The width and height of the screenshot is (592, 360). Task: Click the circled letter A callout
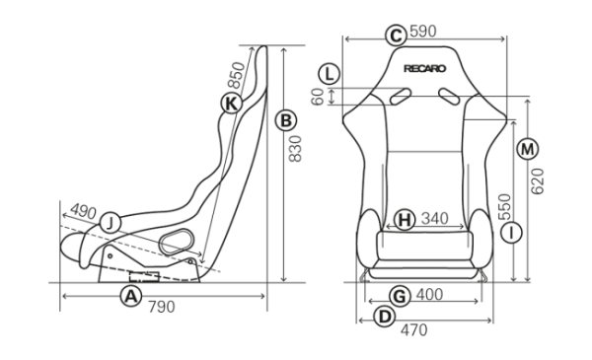point(131,296)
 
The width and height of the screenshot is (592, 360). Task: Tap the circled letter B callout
point(286,120)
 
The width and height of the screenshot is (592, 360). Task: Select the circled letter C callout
point(396,36)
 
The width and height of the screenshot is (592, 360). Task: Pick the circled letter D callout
point(385,317)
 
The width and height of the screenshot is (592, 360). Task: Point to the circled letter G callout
point(400,296)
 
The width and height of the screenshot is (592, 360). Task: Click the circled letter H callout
point(405,219)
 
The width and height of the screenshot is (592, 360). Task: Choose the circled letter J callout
point(111,223)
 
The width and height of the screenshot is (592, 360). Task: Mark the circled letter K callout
point(231,103)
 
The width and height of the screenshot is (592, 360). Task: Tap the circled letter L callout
point(330,74)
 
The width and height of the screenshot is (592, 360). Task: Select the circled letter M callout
point(527,149)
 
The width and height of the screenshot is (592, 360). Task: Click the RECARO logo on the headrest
point(424,69)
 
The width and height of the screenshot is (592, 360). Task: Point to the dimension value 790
point(162,307)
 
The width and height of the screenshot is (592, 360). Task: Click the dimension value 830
point(295,149)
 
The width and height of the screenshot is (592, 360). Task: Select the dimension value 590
point(423,32)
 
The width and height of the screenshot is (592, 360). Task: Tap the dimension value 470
point(414,330)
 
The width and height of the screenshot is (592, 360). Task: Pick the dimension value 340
point(434,219)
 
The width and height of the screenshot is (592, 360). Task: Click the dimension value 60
point(318,97)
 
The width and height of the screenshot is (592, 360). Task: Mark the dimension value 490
point(84,211)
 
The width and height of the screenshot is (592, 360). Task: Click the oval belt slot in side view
point(176,242)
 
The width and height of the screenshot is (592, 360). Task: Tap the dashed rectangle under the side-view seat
point(144,277)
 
